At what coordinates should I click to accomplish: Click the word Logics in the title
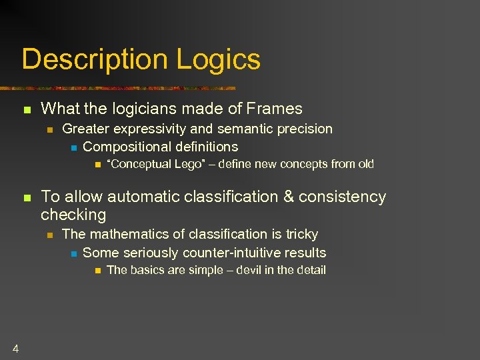click(x=219, y=60)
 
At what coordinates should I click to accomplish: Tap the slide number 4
click(x=15, y=348)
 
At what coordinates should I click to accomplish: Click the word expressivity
click(x=155, y=129)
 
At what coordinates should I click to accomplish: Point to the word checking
click(x=73, y=215)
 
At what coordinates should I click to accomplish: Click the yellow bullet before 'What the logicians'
click(x=27, y=109)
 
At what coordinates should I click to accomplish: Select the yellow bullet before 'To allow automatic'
click(x=27, y=197)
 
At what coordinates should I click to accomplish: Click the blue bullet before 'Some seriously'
click(x=73, y=253)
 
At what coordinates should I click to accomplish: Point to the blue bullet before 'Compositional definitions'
click(x=73, y=147)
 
